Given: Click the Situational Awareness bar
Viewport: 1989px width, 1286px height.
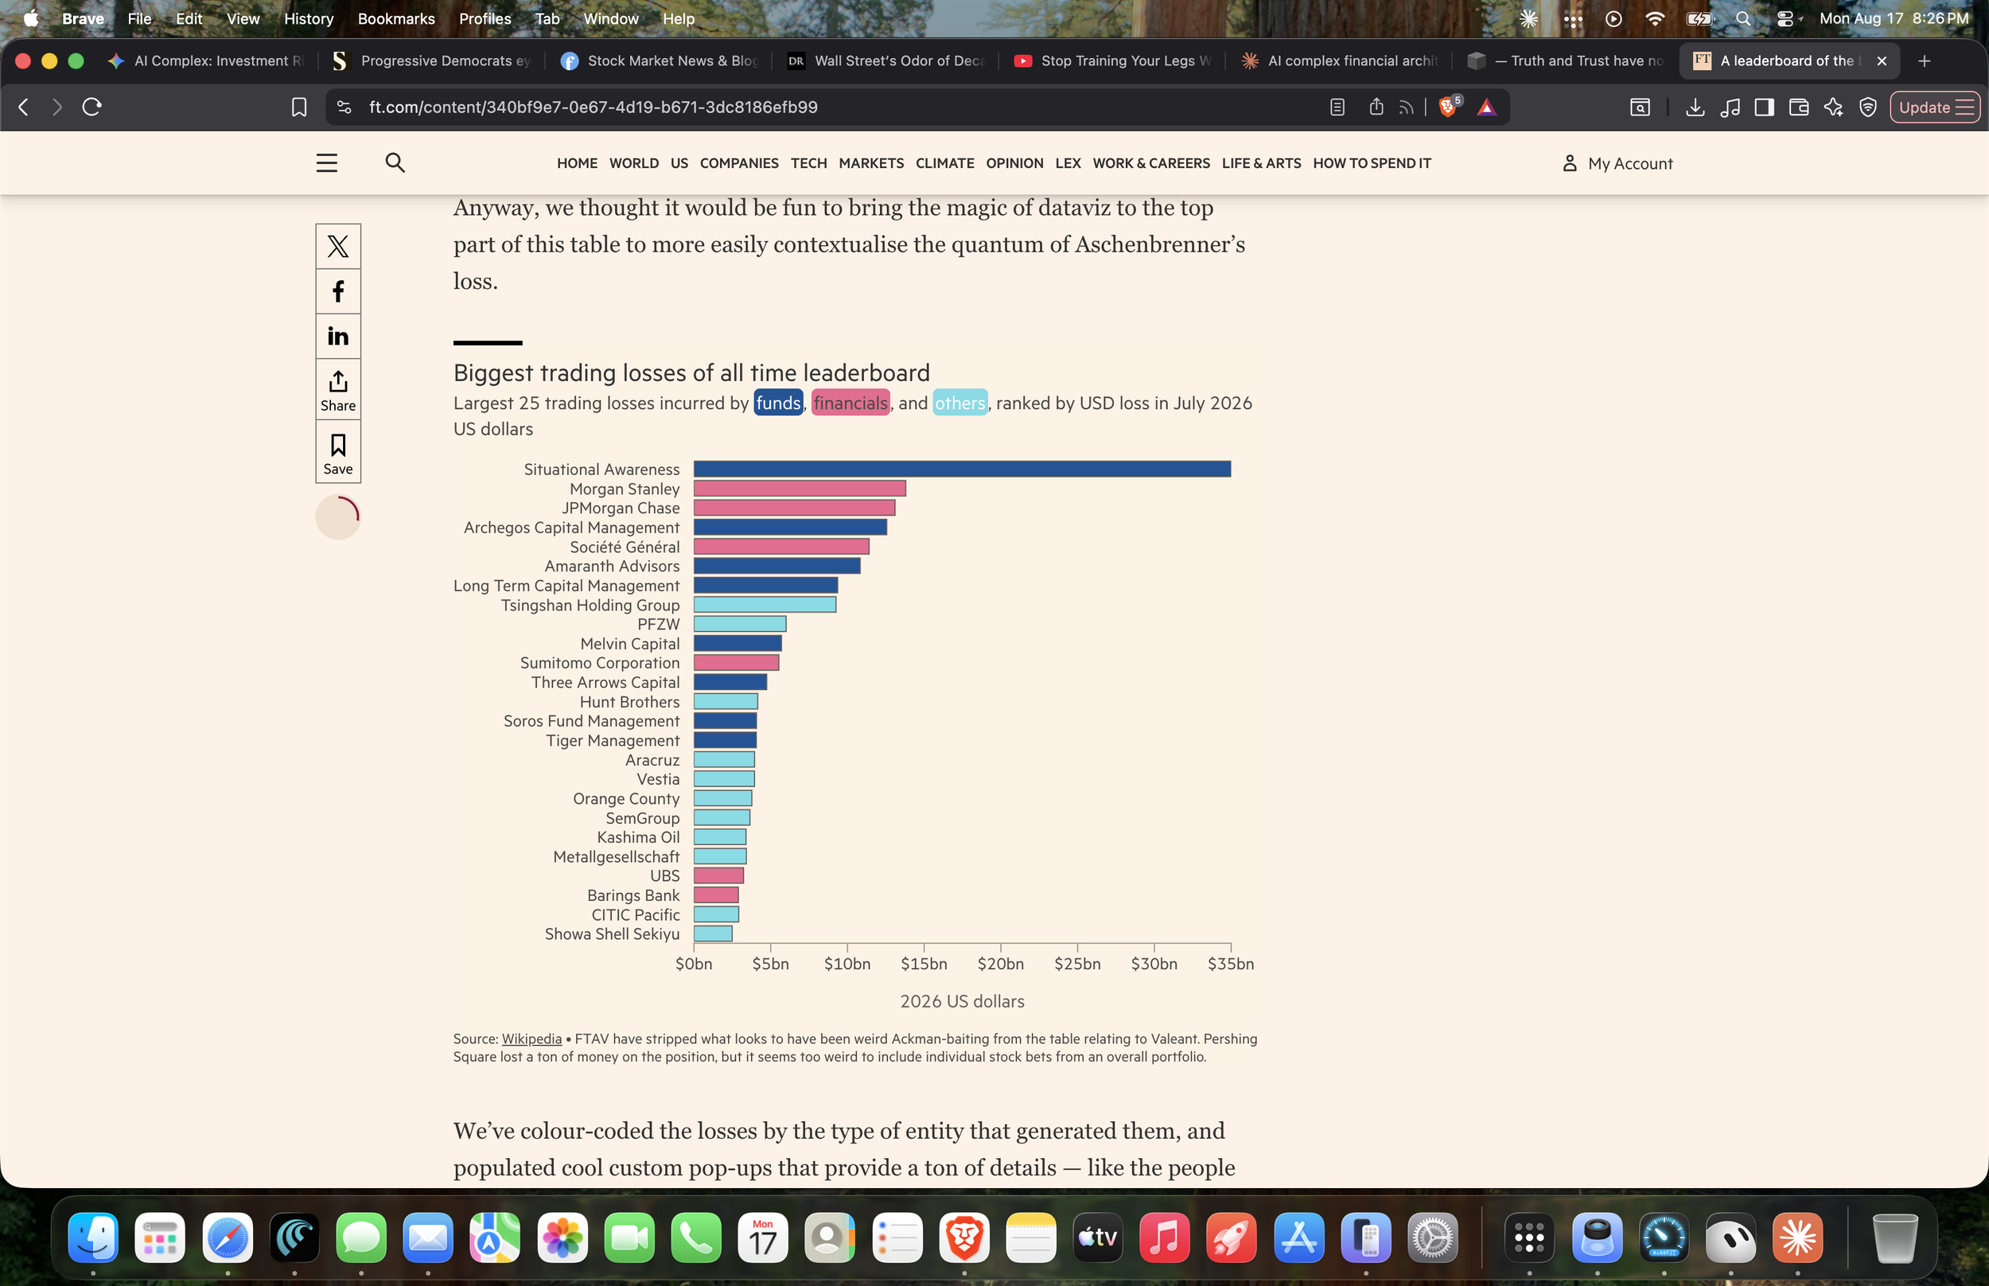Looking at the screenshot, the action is point(962,470).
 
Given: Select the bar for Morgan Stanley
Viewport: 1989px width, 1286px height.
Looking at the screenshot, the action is point(800,489).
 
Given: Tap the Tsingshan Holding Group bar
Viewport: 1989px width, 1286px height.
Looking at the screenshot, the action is point(765,605).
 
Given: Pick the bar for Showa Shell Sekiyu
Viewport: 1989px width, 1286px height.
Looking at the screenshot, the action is point(713,933).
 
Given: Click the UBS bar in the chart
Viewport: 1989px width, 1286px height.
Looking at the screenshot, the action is point(718,876).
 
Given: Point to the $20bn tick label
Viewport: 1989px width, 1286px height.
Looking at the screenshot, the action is point(1000,964).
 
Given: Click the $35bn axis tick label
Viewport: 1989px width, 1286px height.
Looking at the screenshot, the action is point(1230,964).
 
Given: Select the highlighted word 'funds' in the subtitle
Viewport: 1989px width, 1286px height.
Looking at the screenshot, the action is point(778,403).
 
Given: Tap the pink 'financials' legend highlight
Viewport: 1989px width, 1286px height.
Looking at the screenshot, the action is point(850,403).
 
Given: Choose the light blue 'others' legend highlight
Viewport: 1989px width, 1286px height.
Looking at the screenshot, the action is point(959,403).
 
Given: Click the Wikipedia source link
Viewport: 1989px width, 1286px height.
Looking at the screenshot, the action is point(531,1039).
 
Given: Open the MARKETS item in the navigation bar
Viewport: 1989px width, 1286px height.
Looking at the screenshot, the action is point(870,163).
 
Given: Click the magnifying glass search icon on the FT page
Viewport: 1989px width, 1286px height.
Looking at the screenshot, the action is point(395,162).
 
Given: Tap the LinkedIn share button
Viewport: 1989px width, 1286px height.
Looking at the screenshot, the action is point(338,337).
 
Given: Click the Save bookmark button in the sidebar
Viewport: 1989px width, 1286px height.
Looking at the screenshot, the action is point(338,452).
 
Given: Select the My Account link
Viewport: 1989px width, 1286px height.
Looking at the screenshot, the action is point(1617,163).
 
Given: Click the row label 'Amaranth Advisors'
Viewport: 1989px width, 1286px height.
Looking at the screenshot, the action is point(612,566).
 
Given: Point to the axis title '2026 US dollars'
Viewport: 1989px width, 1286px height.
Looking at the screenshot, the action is point(962,1001).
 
